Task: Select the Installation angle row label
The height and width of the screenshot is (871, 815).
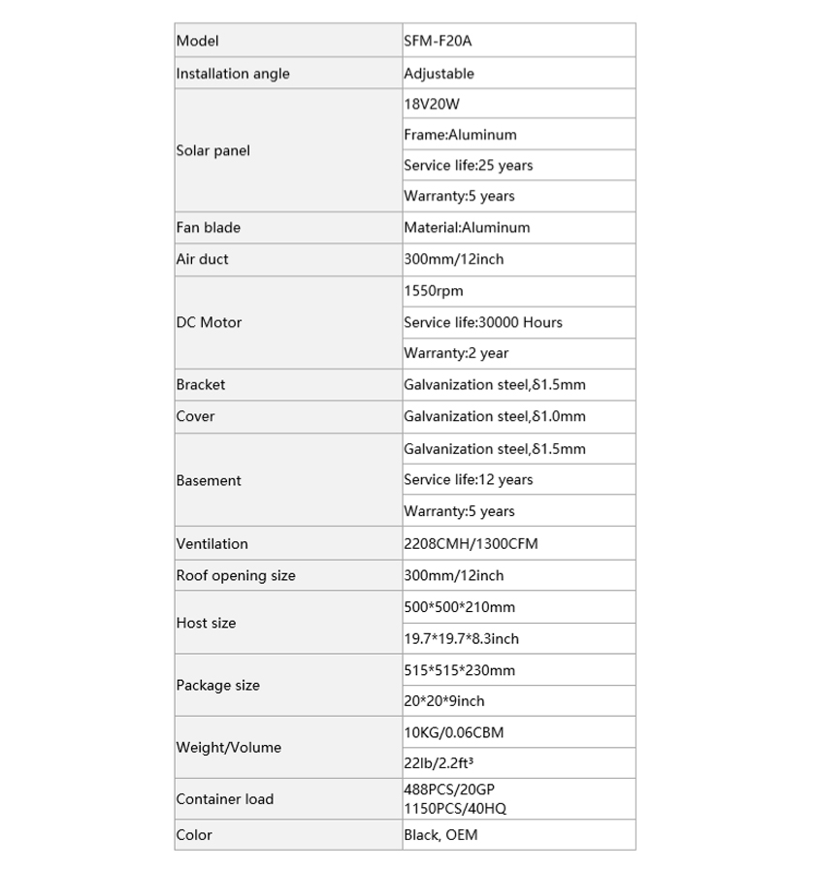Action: [233, 74]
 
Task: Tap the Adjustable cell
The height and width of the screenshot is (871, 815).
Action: [439, 74]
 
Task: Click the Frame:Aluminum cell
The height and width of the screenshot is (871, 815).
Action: [460, 135]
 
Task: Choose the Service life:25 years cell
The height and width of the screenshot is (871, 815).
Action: [468, 166]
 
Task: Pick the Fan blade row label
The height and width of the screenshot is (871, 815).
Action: [208, 228]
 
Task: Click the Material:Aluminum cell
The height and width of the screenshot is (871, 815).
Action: [467, 228]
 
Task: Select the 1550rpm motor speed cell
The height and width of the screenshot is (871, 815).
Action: [434, 291]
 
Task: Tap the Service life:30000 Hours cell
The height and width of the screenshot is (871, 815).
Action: [482, 322]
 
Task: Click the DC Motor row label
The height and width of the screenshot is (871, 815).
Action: [209, 322]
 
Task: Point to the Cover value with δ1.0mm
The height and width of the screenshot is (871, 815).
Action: [494, 416]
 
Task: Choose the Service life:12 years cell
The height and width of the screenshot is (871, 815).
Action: [468, 479]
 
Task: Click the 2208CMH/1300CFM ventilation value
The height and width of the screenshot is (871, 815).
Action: [470, 544]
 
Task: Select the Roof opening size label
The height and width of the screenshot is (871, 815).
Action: [236, 575]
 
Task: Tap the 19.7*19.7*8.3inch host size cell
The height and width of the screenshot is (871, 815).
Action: [461, 638]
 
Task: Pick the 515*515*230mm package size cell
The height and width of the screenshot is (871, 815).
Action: [459, 670]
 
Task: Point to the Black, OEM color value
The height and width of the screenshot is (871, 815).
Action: [440, 834]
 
